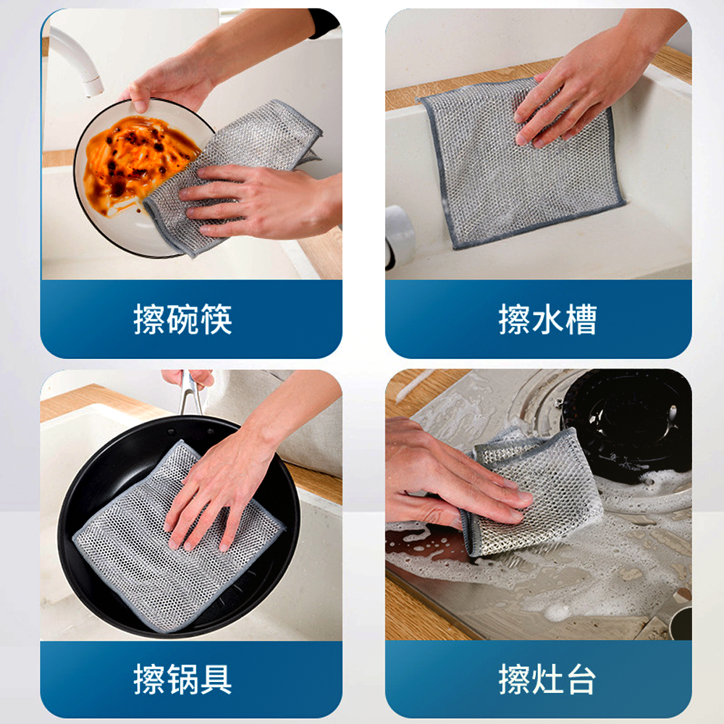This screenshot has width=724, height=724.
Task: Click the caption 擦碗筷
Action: tap(183, 319)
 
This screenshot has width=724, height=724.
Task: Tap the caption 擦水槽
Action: tap(547, 319)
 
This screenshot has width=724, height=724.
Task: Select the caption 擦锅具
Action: tap(183, 679)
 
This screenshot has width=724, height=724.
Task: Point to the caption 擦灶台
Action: tap(547, 679)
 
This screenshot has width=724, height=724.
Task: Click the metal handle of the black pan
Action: tap(190, 392)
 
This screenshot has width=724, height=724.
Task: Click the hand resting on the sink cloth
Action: tap(582, 88)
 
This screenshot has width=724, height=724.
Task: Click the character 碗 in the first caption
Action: tap(183, 319)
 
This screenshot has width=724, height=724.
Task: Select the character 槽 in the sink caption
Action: tap(581, 319)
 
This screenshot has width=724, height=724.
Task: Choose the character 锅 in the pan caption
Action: tap(183, 679)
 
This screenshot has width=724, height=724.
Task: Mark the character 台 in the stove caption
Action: tap(581, 679)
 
